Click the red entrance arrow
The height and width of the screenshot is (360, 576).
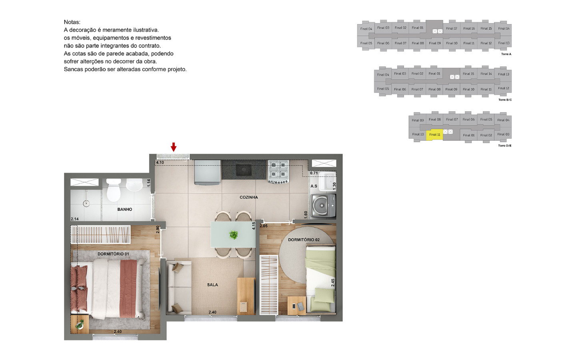(174, 147)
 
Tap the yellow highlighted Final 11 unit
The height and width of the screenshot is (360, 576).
(434, 135)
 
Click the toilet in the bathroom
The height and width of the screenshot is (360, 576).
(114, 190)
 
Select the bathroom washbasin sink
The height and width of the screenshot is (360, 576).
(134, 185)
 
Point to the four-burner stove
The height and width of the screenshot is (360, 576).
(278, 172)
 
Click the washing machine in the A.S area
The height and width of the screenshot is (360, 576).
(323, 206)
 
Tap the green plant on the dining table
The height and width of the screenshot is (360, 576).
(234, 234)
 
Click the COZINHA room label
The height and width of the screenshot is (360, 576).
(249, 197)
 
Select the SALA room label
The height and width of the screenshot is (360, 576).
(212, 285)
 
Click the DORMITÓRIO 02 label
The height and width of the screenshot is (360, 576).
(304, 240)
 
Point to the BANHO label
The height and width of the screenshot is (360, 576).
(125, 209)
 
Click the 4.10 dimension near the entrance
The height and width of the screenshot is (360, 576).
(160, 162)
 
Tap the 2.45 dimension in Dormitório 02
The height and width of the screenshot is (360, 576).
(333, 282)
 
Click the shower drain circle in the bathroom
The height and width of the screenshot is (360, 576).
(86, 204)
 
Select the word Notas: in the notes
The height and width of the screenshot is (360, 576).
(72, 22)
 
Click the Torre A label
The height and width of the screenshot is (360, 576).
(506, 54)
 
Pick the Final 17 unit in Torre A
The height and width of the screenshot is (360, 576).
(452, 28)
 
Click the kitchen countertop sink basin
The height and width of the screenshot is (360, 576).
(244, 170)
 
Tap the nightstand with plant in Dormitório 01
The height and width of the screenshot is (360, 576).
(80, 324)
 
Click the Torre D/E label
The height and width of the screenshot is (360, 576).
(504, 146)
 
